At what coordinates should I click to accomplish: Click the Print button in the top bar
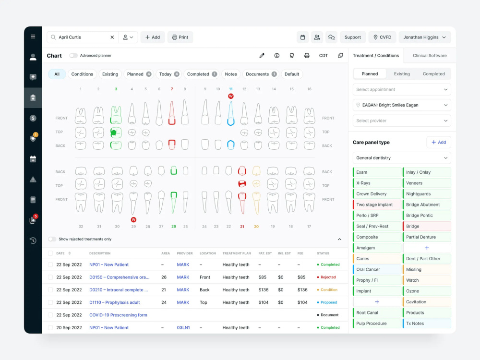click(x=180, y=37)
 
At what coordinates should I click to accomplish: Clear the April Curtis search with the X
click(x=112, y=37)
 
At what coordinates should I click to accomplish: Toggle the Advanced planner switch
click(x=73, y=55)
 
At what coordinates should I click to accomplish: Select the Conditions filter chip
click(x=82, y=74)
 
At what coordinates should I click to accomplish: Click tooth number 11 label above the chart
click(x=231, y=89)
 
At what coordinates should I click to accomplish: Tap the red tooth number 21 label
click(x=242, y=227)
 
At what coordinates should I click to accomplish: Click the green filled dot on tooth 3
click(x=114, y=132)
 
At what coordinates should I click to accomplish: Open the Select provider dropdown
click(x=402, y=120)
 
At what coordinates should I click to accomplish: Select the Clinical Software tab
click(x=430, y=55)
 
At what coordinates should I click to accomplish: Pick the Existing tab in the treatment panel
click(x=402, y=74)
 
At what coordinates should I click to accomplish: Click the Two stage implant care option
click(x=377, y=204)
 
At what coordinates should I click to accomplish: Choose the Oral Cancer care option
click(x=377, y=269)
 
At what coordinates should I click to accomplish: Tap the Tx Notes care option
click(x=427, y=323)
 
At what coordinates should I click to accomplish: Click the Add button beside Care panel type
click(x=439, y=143)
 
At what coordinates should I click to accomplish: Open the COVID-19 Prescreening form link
click(x=118, y=315)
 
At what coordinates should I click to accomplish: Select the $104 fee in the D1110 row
click(x=302, y=302)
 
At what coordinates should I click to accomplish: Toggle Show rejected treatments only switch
click(x=52, y=239)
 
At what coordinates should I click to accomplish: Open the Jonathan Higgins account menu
click(x=425, y=37)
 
